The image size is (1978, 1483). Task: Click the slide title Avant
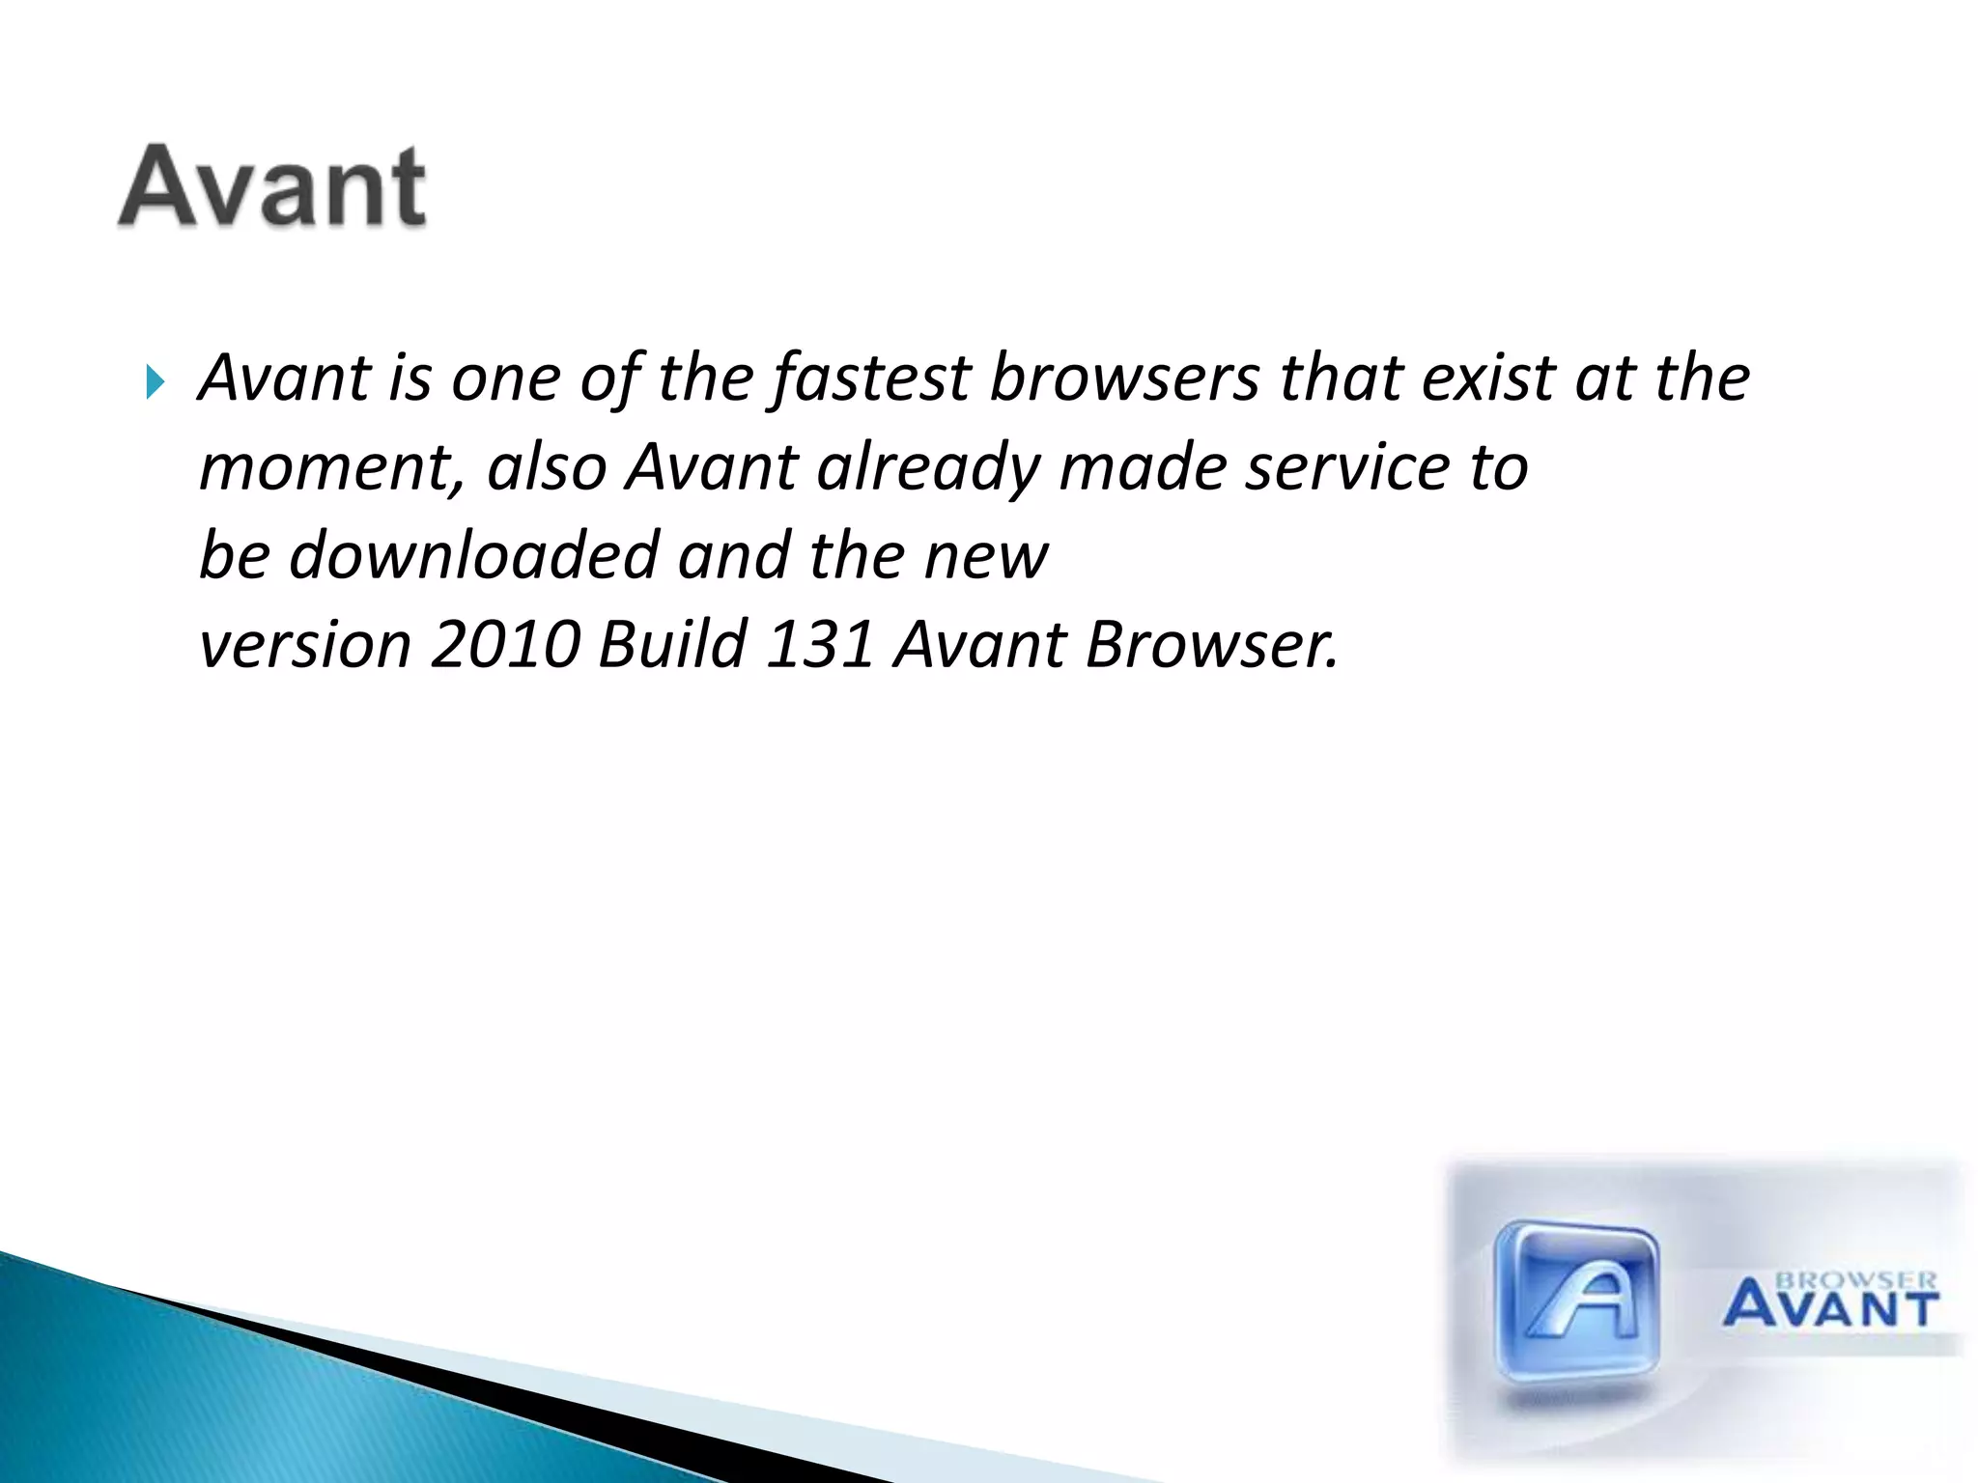[272, 186]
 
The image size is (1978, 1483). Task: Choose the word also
[547, 467]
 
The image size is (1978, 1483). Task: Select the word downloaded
[473, 556]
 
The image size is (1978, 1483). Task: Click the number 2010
[505, 645]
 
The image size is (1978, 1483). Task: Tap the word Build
[672, 645]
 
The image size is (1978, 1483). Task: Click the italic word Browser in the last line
[1211, 645]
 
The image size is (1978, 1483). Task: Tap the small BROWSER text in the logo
[1856, 1280]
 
